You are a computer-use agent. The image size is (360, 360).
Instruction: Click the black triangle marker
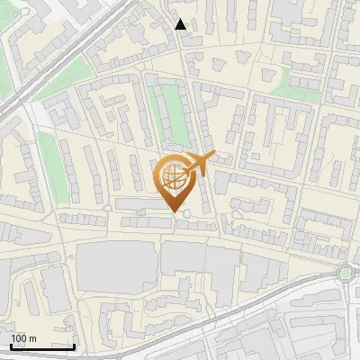(x=181, y=24)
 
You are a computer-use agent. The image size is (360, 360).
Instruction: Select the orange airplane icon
(x=199, y=166)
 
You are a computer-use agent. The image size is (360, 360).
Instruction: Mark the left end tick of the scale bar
(x=11, y=346)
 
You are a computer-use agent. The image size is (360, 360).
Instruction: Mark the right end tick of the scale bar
(x=74, y=346)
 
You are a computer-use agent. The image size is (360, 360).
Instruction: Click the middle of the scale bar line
(x=42, y=347)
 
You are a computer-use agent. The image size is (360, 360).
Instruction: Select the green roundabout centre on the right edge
(x=346, y=272)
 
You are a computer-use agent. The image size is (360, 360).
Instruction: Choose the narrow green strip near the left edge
(x=47, y=163)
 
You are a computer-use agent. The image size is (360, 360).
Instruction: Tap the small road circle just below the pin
(x=186, y=215)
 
